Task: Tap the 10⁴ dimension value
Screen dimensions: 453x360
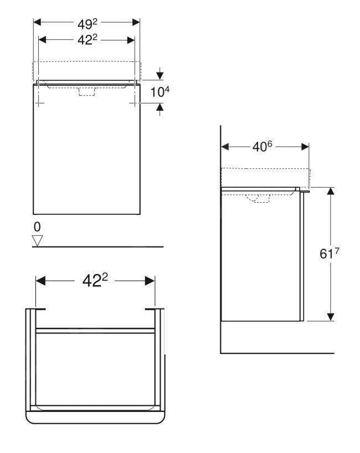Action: click(159, 91)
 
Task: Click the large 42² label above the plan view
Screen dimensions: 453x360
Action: click(95, 281)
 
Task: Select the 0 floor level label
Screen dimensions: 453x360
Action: click(37, 227)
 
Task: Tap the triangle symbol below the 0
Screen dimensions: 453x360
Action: click(38, 240)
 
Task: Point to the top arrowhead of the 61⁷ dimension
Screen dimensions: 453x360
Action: click(331, 191)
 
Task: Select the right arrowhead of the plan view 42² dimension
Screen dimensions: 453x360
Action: click(150, 281)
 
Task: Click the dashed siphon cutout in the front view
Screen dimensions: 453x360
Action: click(87, 92)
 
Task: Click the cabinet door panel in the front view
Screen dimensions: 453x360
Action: click(86, 155)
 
